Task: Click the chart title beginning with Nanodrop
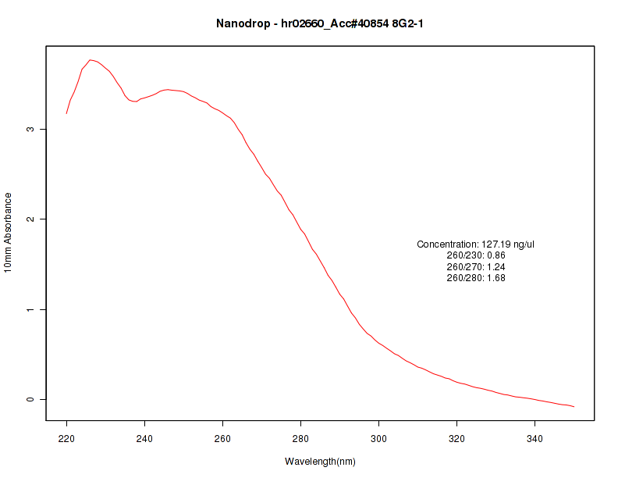click(x=320, y=24)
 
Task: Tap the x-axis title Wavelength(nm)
click(x=320, y=462)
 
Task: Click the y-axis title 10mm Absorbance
click(x=9, y=233)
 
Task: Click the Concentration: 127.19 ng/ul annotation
click(x=475, y=244)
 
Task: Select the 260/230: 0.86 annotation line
click(x=475, y=255)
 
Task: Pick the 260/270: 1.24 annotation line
click(x=475, y=267)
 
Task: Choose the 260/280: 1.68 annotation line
click(x=475, y=278)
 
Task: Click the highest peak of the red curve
click(x=91, y=59)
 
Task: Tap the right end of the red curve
click(x=574, y=407)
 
